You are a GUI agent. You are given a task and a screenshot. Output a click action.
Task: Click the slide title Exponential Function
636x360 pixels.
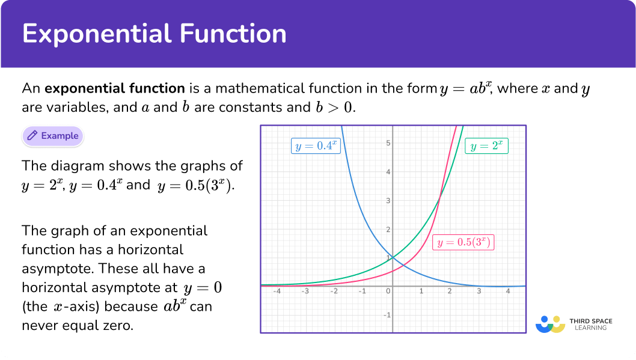[x=154, y=34]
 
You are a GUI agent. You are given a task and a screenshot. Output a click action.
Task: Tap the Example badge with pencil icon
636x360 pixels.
[x=53, y=136]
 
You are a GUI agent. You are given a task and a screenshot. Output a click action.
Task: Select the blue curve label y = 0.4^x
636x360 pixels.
[x=316, y=146]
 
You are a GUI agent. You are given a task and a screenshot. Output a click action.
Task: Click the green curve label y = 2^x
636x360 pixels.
[x=487, y=146]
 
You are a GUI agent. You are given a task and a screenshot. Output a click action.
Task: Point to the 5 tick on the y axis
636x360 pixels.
[x=388, y=142]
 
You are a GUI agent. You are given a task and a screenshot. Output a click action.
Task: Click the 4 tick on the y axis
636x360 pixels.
[x=388, y=171]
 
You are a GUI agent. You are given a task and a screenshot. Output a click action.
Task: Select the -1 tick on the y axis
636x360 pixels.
[x=387, y=315]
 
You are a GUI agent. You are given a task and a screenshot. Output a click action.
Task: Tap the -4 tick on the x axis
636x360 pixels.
[x=277, y=291]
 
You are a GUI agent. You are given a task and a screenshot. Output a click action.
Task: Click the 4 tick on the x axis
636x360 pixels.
[x=508, y=291]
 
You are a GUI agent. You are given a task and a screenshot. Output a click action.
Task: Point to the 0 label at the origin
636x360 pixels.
[x=388, y=291]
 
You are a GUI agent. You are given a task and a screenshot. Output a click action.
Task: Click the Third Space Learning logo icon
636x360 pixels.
[x=550, y=324]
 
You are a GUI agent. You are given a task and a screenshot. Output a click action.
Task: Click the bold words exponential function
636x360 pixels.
[x=115, y=88]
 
